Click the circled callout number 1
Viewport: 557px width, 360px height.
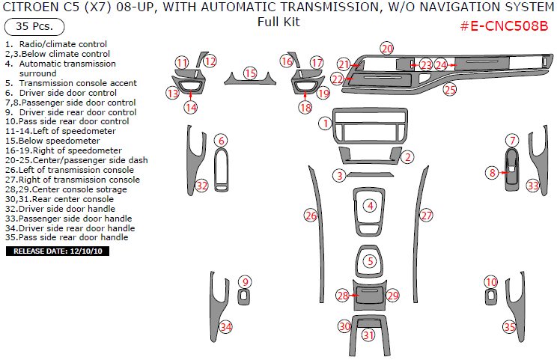coord(324,122)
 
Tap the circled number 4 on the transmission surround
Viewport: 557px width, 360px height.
coord(369,205)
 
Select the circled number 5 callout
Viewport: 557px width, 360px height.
coord(369,261)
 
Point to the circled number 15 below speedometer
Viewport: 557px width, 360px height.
coord(250,73)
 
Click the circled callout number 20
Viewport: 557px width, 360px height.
coord(386,49)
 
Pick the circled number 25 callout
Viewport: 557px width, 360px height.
coord(449,90)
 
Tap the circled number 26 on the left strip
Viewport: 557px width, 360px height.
coord(311,216)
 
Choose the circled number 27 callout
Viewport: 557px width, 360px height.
coord(426,216)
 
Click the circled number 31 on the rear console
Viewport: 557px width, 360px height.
coord(368,335)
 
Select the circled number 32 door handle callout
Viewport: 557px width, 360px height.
coord(201,185)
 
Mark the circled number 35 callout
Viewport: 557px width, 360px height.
coord(510,327)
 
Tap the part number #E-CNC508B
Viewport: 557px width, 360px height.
coord(503,27)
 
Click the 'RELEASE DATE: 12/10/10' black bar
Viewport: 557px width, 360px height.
coord(59,251)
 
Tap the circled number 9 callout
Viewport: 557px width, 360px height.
coord(244,281)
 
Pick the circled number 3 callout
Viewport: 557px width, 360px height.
coord(339,175)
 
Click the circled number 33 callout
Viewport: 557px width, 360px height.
coord(532,185)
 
